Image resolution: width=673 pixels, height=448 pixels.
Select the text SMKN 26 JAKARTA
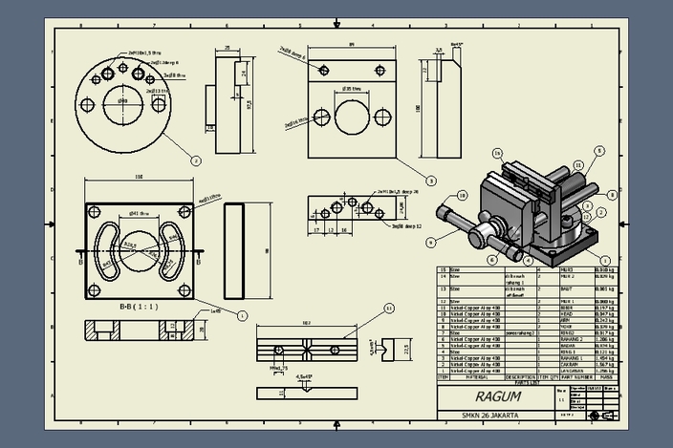tap(492, 416)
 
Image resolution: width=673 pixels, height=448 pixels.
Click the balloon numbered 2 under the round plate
tap(196, 160)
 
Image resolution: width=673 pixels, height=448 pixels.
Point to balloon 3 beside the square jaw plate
tap(431, 180)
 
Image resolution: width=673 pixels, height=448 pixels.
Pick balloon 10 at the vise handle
tap(463, 195)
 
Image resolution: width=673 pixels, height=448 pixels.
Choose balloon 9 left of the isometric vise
tap(431, 242)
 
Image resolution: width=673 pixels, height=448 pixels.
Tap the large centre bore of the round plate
tap(122, 99)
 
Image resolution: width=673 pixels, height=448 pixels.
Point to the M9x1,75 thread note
tap(278, 367)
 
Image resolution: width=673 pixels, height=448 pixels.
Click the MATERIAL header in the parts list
tap(469, 376)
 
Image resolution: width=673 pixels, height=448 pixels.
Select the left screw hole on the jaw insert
tap(278, 348)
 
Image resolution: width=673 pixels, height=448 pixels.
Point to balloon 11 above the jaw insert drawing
tap(389, 308)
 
